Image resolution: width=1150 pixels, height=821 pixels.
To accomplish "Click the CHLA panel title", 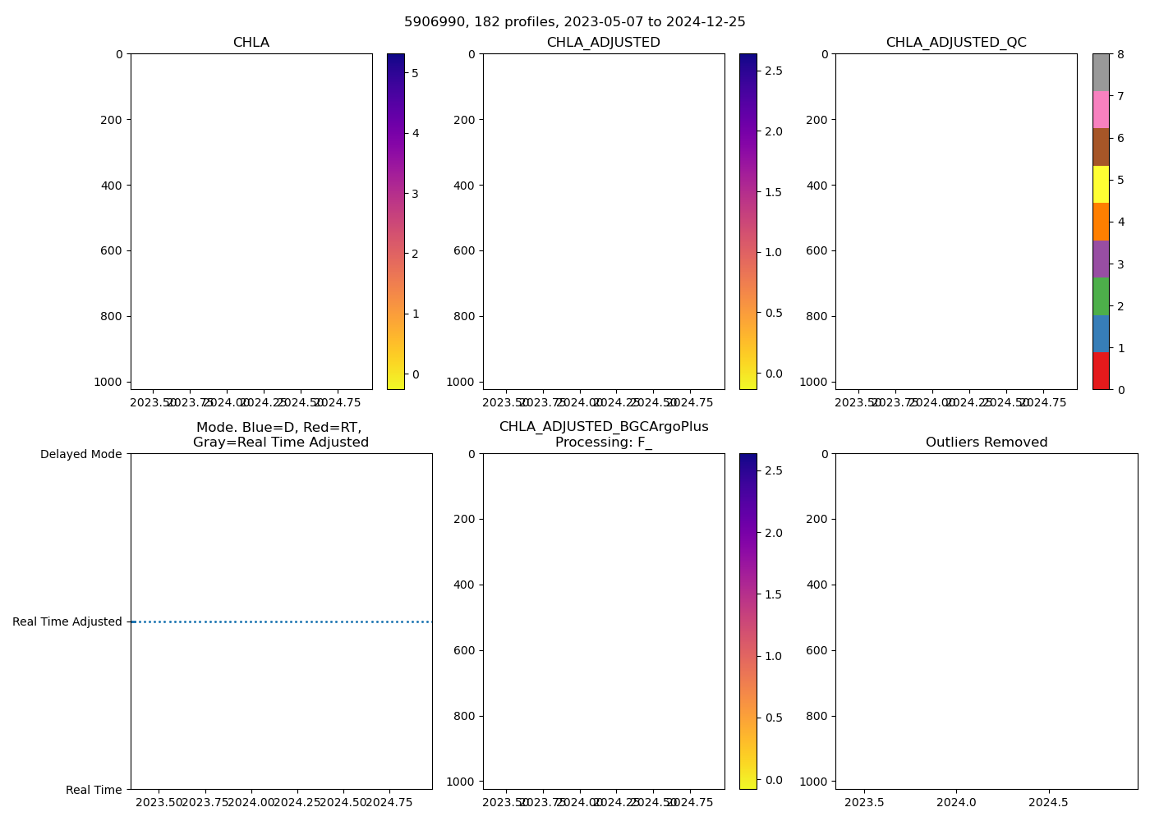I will coord(251,43).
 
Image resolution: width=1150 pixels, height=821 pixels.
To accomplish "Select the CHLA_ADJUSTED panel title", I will coord(603,43).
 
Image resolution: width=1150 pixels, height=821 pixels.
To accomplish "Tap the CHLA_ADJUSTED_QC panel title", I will coord(955,43).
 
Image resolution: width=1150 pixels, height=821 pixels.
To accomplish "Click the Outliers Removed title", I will coord(986,443).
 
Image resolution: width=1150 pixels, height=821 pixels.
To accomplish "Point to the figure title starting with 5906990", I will coord(574,22).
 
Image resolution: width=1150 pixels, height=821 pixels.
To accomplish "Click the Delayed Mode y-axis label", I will coord(80,454).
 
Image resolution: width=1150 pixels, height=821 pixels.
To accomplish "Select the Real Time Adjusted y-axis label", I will coord(67,621).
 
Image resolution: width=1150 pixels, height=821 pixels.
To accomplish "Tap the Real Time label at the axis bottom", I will coord(94,790).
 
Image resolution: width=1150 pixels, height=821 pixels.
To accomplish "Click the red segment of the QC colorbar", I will coord(1101,370).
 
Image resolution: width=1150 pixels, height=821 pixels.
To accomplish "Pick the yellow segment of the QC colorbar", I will coord(1101,184).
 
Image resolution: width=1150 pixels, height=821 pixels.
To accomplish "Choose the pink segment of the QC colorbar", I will coord(1101,109).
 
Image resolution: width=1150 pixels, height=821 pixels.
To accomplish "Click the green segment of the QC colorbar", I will coord(1101,296).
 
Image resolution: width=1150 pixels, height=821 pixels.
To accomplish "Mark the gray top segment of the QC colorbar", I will coord(1101,72).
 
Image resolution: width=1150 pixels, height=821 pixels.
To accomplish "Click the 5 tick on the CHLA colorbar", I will coord(415,73).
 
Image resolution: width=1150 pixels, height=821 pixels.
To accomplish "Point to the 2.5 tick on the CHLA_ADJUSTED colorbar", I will coord(773,71).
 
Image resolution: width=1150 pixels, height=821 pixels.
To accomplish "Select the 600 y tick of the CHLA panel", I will coord(113,251).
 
